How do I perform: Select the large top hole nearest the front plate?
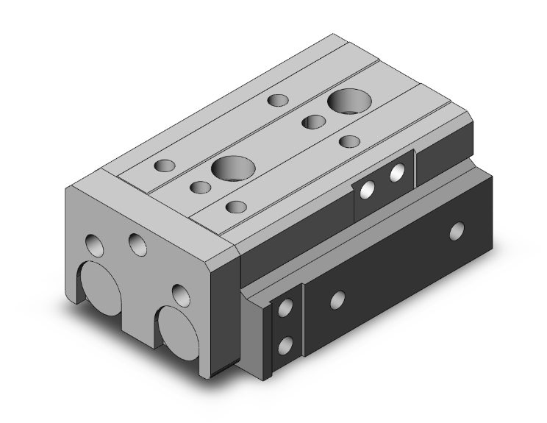coord(232,167)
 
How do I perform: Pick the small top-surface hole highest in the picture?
coord(277,99)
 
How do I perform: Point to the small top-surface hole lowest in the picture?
coord(235,207)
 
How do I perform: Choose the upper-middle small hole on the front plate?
coord(137,242)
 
